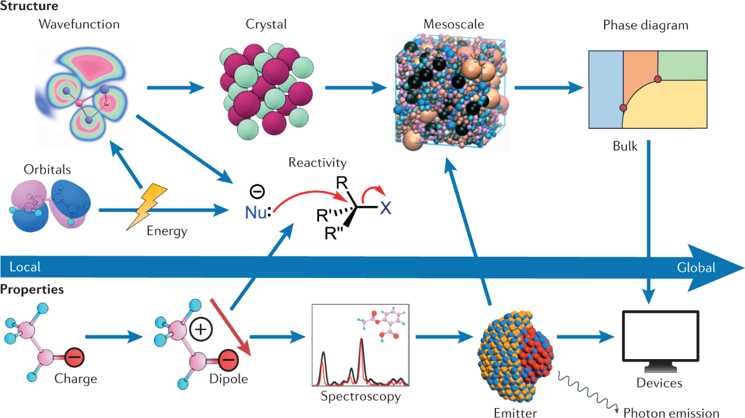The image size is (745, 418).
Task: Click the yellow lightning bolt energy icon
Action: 147,205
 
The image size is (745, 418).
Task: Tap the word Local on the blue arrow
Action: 25,267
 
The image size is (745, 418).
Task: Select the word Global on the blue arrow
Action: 696,268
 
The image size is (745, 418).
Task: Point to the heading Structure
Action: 29,7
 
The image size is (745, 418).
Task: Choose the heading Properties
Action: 32,290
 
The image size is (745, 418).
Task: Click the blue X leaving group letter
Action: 386,207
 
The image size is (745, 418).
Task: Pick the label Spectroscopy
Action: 360,395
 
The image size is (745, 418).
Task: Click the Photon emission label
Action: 671,413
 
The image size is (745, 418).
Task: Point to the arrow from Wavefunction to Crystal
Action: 176,88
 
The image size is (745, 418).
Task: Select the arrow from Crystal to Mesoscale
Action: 353,88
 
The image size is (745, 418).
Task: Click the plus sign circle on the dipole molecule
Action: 201,329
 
